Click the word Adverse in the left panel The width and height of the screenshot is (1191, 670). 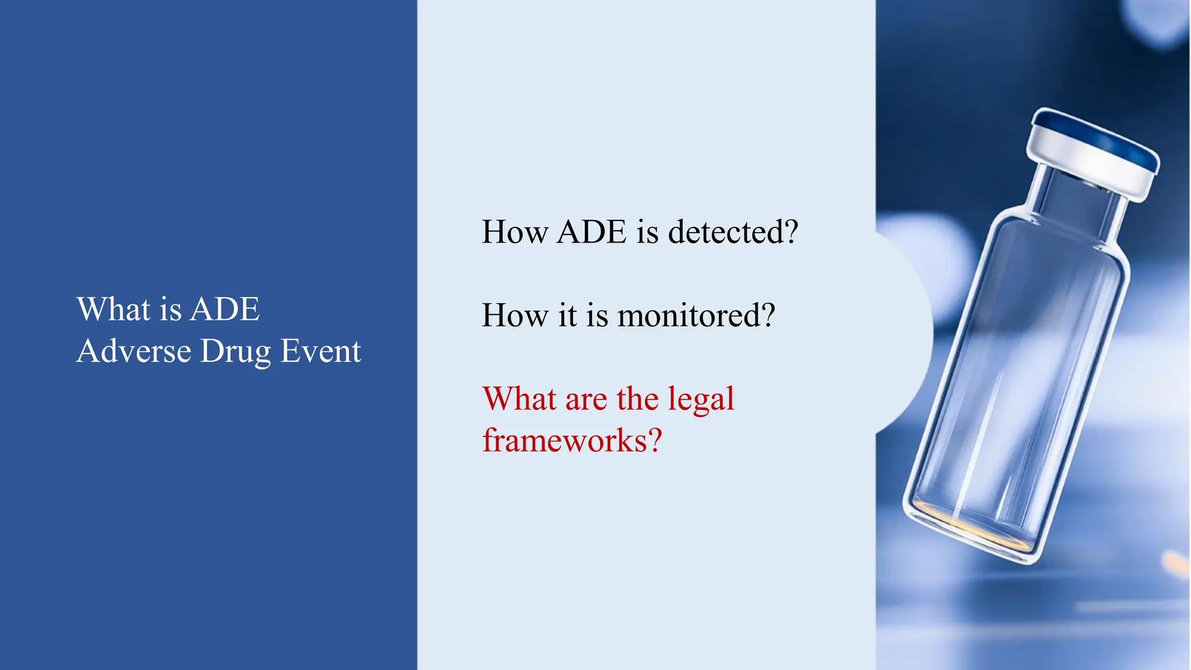[134, 351]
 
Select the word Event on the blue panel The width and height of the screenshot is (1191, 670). [320, 351]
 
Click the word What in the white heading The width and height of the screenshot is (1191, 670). [113, 309]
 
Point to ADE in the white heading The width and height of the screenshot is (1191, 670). [225, 309]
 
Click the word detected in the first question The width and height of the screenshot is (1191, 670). [725, 232]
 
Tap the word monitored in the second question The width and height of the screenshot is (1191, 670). [688, 316]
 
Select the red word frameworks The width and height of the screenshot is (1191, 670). [565, 440]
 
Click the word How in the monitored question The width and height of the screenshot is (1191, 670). [515, 316]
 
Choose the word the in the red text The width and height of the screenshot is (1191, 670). [639, 400]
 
